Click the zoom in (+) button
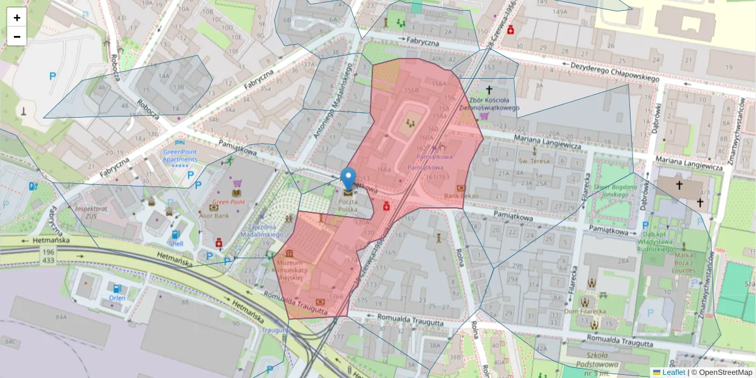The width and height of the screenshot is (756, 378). coord(17,18)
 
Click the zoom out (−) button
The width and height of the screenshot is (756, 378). coord(17,37)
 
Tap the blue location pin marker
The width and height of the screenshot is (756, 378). coord(348,179)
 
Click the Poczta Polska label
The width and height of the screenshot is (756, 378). coord(348,205)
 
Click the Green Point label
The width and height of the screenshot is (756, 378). coord(228,202)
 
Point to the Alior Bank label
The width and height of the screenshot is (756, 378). coord(213,215)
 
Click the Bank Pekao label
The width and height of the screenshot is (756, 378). coord(461,197)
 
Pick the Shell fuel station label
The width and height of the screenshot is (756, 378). coord(176,244)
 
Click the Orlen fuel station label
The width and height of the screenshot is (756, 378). coord(117,298)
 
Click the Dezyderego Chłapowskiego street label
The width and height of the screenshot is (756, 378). coord(614,72)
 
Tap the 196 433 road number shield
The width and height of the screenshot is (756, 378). coord(48,255)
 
